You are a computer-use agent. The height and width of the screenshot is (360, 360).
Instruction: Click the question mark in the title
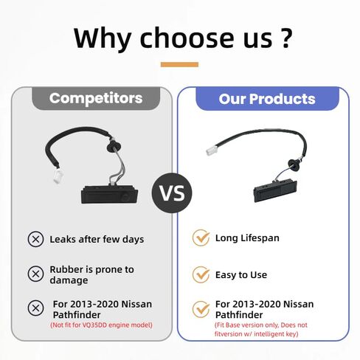click(x=285, y=38)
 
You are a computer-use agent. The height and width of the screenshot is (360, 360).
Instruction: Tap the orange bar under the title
click(x=179, y=64)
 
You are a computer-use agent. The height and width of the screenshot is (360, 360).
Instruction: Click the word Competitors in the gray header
click(x=96, y=98)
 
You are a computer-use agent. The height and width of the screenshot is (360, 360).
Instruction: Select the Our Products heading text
click(x=267, y=99)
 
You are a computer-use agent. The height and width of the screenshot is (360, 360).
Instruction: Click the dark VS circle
click(x=172, y=193)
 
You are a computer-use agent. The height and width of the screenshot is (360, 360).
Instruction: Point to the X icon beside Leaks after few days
click(x=35, y=239)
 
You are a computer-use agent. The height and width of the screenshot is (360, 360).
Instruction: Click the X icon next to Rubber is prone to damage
click(x=35, y=274)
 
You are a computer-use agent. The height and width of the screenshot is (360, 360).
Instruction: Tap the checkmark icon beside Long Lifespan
click(x=201, y=238)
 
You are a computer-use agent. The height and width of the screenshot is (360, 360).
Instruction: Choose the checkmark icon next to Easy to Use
click(x=201, y=274)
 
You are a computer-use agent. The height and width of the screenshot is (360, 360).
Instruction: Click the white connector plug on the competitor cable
click(x=58, y=176)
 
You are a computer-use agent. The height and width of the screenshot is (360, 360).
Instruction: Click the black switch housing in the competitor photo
click(x=109, y=194)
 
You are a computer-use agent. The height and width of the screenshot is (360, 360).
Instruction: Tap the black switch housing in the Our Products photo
click(x=275, y=190)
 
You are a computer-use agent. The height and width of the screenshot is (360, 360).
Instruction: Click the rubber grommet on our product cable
click(x=294, y=164)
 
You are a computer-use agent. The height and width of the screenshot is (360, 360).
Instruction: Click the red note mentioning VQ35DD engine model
click(x=101, y=325)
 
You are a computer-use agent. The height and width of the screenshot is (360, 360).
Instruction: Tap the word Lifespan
click(x=260, y=238)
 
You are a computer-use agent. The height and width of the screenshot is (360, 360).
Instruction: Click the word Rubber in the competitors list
click(x=66, y=269)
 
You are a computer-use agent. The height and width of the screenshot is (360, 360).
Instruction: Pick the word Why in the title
click(x=102, y=38)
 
